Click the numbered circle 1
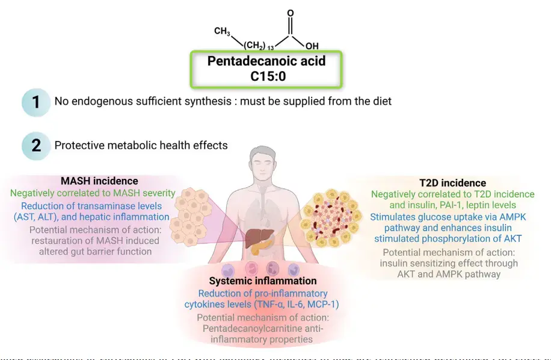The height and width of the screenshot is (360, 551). click(36, 101)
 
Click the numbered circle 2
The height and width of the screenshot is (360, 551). click(36, 145)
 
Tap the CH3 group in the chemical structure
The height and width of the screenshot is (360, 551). click(223, 31)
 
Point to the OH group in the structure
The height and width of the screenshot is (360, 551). click(312, 46)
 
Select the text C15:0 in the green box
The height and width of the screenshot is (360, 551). click(266, 76)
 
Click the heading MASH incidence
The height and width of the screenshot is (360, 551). click(99, 181)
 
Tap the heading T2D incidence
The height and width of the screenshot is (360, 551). click(452, 182)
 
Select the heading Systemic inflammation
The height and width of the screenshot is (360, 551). click(262, 281)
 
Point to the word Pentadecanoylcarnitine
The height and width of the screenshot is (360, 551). click(253, 329)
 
